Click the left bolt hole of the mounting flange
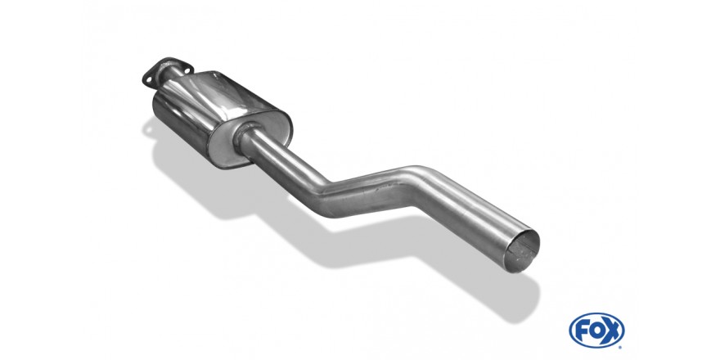click(148, 79)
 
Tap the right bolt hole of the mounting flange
click(187, 70)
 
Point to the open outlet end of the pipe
click(521, 250)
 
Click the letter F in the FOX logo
click(581, 331)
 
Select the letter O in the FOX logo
click(596, 331)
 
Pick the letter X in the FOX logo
click(612, 331)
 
